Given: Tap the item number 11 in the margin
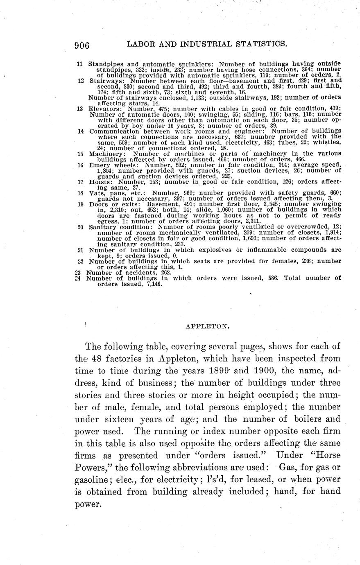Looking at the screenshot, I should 80,64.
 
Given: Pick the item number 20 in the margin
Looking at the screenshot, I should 80,226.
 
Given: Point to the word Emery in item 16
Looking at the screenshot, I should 99,165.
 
